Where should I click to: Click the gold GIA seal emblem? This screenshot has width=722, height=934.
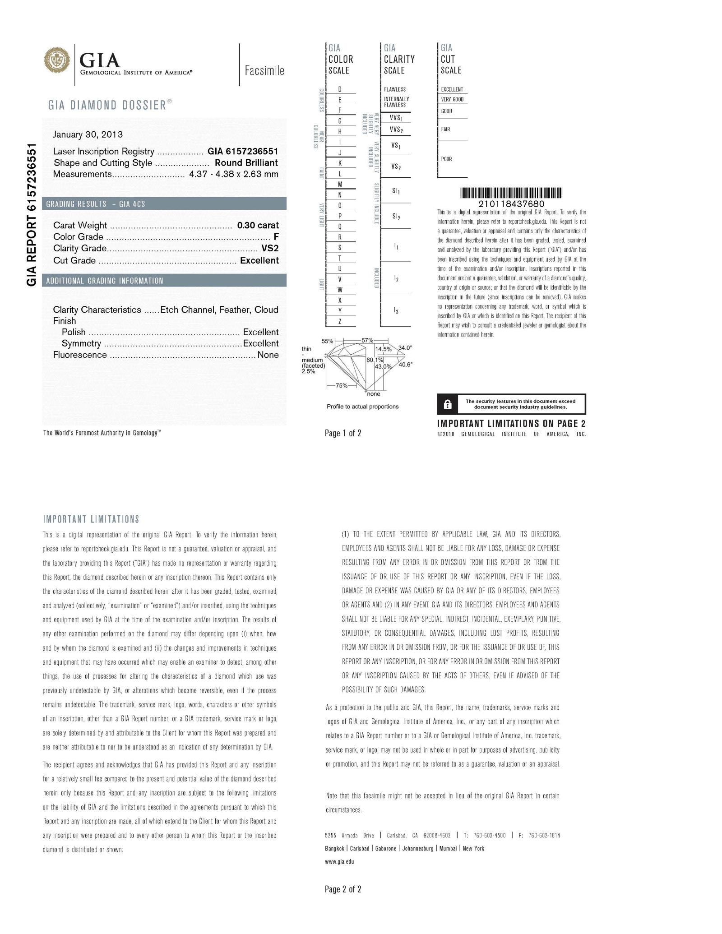(57, 60)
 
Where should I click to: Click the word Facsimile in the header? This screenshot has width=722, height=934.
(264, 70)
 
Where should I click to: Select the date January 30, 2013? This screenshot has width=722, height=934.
(88, 134)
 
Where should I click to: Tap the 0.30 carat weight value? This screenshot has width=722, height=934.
(258, 225)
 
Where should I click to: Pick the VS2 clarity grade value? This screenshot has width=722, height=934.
(270, 249)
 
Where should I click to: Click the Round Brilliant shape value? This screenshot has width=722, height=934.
(246, 163)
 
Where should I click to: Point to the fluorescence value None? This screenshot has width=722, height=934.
(268, 355)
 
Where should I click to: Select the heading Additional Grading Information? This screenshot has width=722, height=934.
(105, 281)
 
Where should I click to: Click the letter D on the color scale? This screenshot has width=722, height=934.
(340, 89)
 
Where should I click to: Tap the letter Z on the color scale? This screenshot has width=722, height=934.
(340, 322)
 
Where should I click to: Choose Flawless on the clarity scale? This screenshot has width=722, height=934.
(395, 89)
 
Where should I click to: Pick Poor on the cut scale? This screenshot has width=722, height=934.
(446, 159)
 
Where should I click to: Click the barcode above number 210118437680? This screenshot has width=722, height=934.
(511, 193)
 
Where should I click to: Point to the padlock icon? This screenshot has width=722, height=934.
(448, 404)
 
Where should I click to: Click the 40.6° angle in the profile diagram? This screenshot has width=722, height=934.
(405, 365)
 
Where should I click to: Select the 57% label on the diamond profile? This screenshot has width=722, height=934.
(367, 340)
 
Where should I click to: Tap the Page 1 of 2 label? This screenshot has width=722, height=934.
(343, 433)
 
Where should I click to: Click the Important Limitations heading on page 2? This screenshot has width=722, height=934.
(91, 519)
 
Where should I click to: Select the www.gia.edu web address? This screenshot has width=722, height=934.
(339, 861)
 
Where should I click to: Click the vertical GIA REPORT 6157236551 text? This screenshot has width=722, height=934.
(31, 214)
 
